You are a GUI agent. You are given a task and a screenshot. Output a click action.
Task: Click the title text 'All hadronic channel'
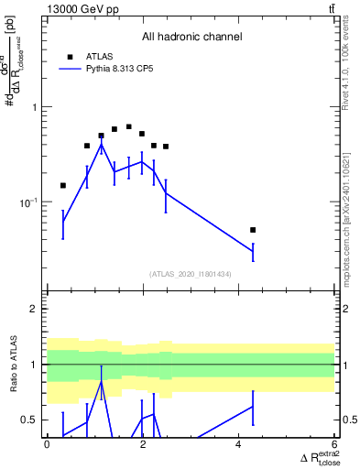click(191, 38)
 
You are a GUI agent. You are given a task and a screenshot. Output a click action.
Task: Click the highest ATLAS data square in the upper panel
click(128, 126)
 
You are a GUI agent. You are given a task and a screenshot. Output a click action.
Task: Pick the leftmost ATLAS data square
click(62, 186)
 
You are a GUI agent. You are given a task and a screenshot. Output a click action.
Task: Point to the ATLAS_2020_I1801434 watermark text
click(191, 274)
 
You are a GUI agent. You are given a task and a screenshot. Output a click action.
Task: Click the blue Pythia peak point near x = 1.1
click(101, 145)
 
